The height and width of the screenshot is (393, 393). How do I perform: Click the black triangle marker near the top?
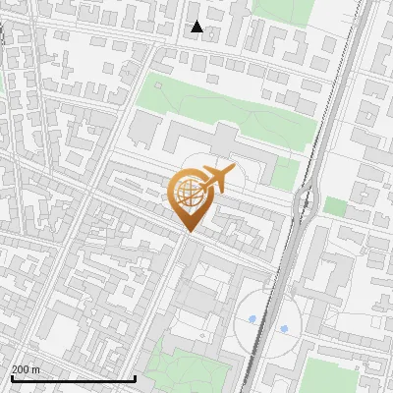coord(196,27)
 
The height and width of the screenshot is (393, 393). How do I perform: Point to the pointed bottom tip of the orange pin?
coord(188,232)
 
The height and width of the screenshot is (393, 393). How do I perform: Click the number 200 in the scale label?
coord(22,369)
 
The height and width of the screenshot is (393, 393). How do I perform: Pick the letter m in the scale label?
coord(36,369)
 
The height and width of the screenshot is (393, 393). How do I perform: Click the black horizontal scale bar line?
coord(73,378)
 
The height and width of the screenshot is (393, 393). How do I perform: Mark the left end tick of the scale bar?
coord(11,377)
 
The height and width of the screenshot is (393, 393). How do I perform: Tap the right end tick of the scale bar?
coord(135,377)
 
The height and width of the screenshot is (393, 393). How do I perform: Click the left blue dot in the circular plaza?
coord(253,319)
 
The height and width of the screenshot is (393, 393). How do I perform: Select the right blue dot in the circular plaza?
coord(285,328)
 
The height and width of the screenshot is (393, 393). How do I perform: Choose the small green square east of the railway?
coord(336,206)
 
